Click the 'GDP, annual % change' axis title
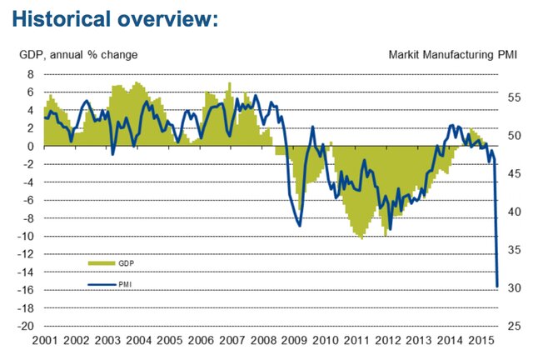[x=79, y=55]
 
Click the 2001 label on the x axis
[x=46, y=342]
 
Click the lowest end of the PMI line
[x=497, y=287]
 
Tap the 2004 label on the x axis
[x=139, y=342]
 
